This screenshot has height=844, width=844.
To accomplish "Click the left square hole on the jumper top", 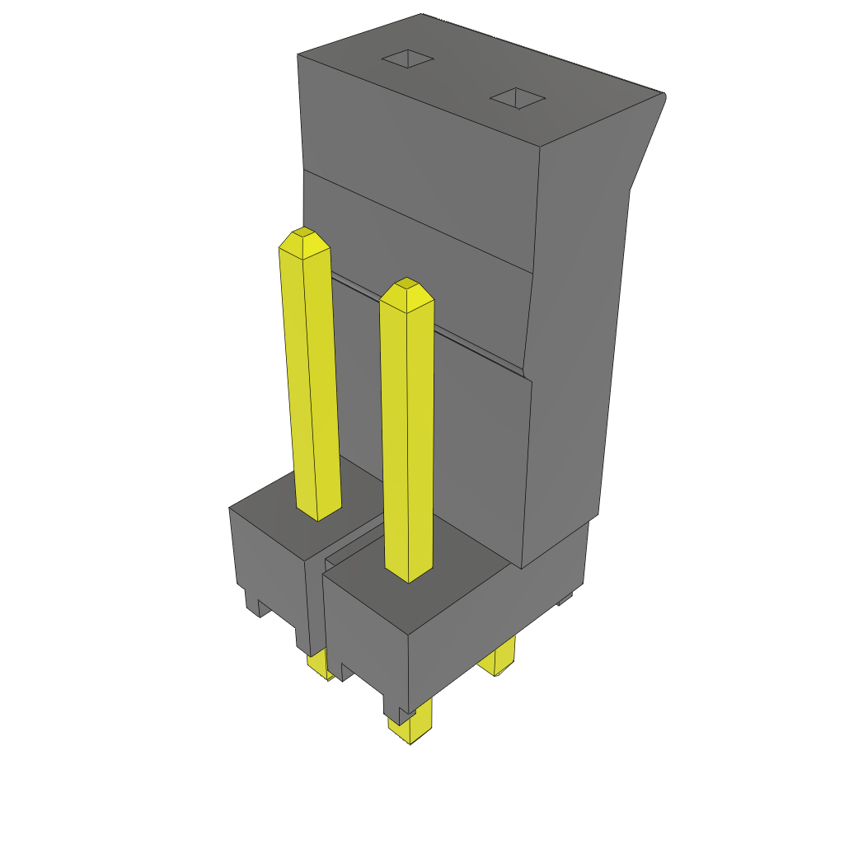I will tap(407, 59).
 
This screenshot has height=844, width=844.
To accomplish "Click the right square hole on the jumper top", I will tap(518, 99).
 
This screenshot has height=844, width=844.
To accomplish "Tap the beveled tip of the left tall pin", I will tap(304, 243).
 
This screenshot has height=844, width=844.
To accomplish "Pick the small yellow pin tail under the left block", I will tap(319, 663).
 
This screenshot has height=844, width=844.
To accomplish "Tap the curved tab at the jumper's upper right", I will tap(647, 140).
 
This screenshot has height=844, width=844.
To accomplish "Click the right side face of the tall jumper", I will tap(577, 330).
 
